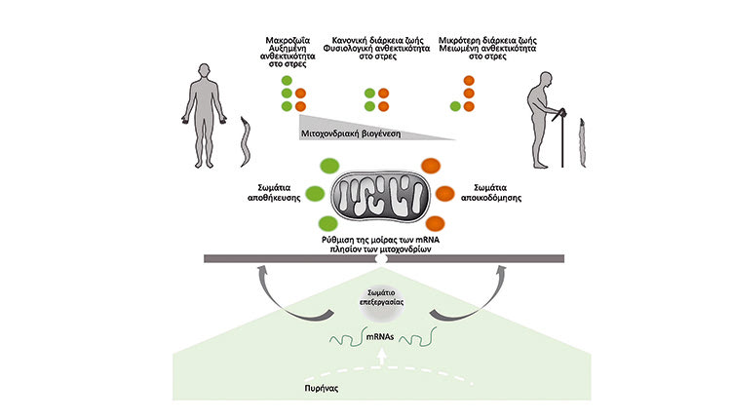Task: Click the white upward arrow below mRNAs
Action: click(381, 361)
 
